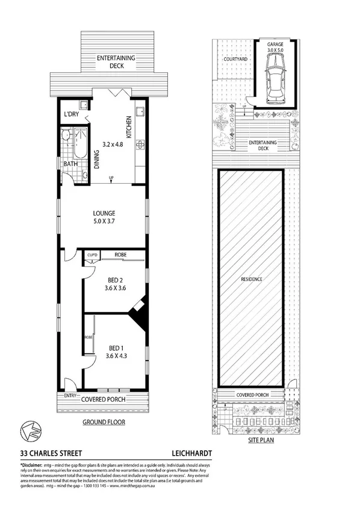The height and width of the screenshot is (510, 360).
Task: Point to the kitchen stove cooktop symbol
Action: click(x=140, y=145)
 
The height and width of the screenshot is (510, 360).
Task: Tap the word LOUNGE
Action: click(x=104, y=213)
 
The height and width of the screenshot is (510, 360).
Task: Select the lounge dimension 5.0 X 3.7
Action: click(x=104, y=222)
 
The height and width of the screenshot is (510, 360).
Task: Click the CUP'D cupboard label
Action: click(x=92, y=254)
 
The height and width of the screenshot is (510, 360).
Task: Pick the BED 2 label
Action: click(x=113, y=279)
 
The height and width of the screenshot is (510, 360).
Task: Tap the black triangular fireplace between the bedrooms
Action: click(x=139, y=313)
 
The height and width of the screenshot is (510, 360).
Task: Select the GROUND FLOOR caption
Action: click(x=104, y=422)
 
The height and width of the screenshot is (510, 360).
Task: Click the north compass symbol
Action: click(x=28, y=430)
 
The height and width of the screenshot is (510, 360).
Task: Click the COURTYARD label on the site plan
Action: click(x=232, y=60)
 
